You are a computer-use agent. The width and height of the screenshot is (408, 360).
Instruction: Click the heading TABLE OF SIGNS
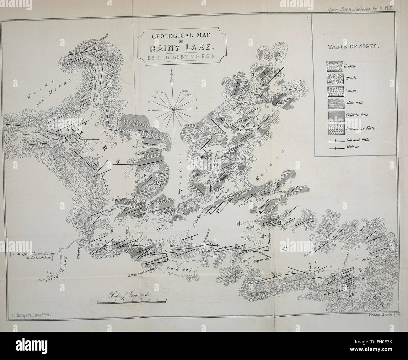click(353, 48)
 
